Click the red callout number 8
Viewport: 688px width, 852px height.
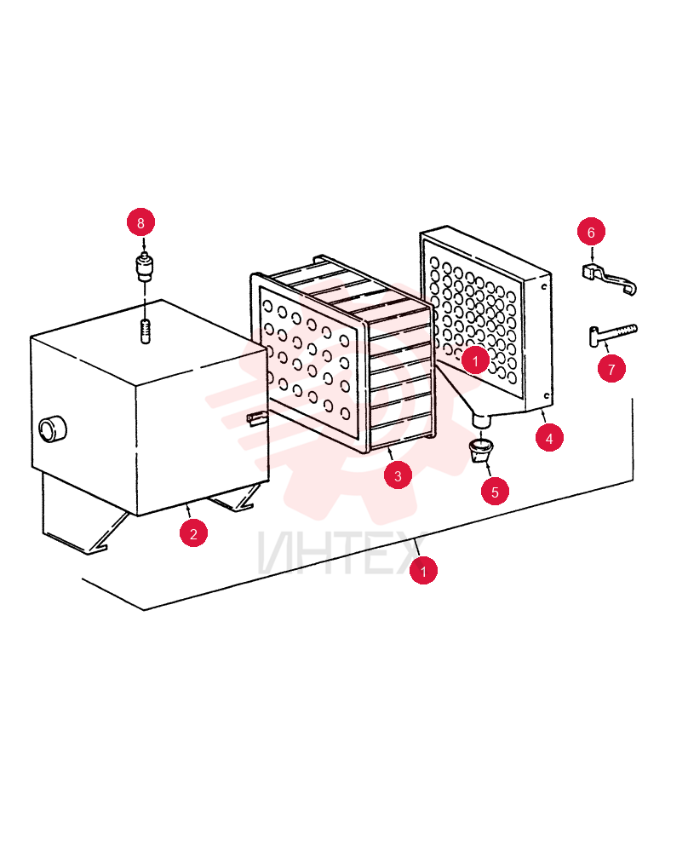140,222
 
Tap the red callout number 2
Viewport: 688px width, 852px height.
194,533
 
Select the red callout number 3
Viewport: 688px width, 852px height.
398,476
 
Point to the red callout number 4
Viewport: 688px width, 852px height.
549,438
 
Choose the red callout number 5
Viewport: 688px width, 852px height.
496,492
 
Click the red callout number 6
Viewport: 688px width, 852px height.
591,233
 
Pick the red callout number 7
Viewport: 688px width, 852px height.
612,370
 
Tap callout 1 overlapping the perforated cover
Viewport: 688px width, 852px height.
476,360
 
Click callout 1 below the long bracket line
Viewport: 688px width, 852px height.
423,571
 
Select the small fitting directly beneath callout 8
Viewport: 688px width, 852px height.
144,266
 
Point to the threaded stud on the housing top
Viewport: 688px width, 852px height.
145,332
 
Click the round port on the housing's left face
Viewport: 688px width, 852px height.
53,429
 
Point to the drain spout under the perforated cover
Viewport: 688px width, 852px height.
483,419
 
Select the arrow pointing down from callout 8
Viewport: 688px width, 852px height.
144,244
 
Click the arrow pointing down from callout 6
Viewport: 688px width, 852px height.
592,254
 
